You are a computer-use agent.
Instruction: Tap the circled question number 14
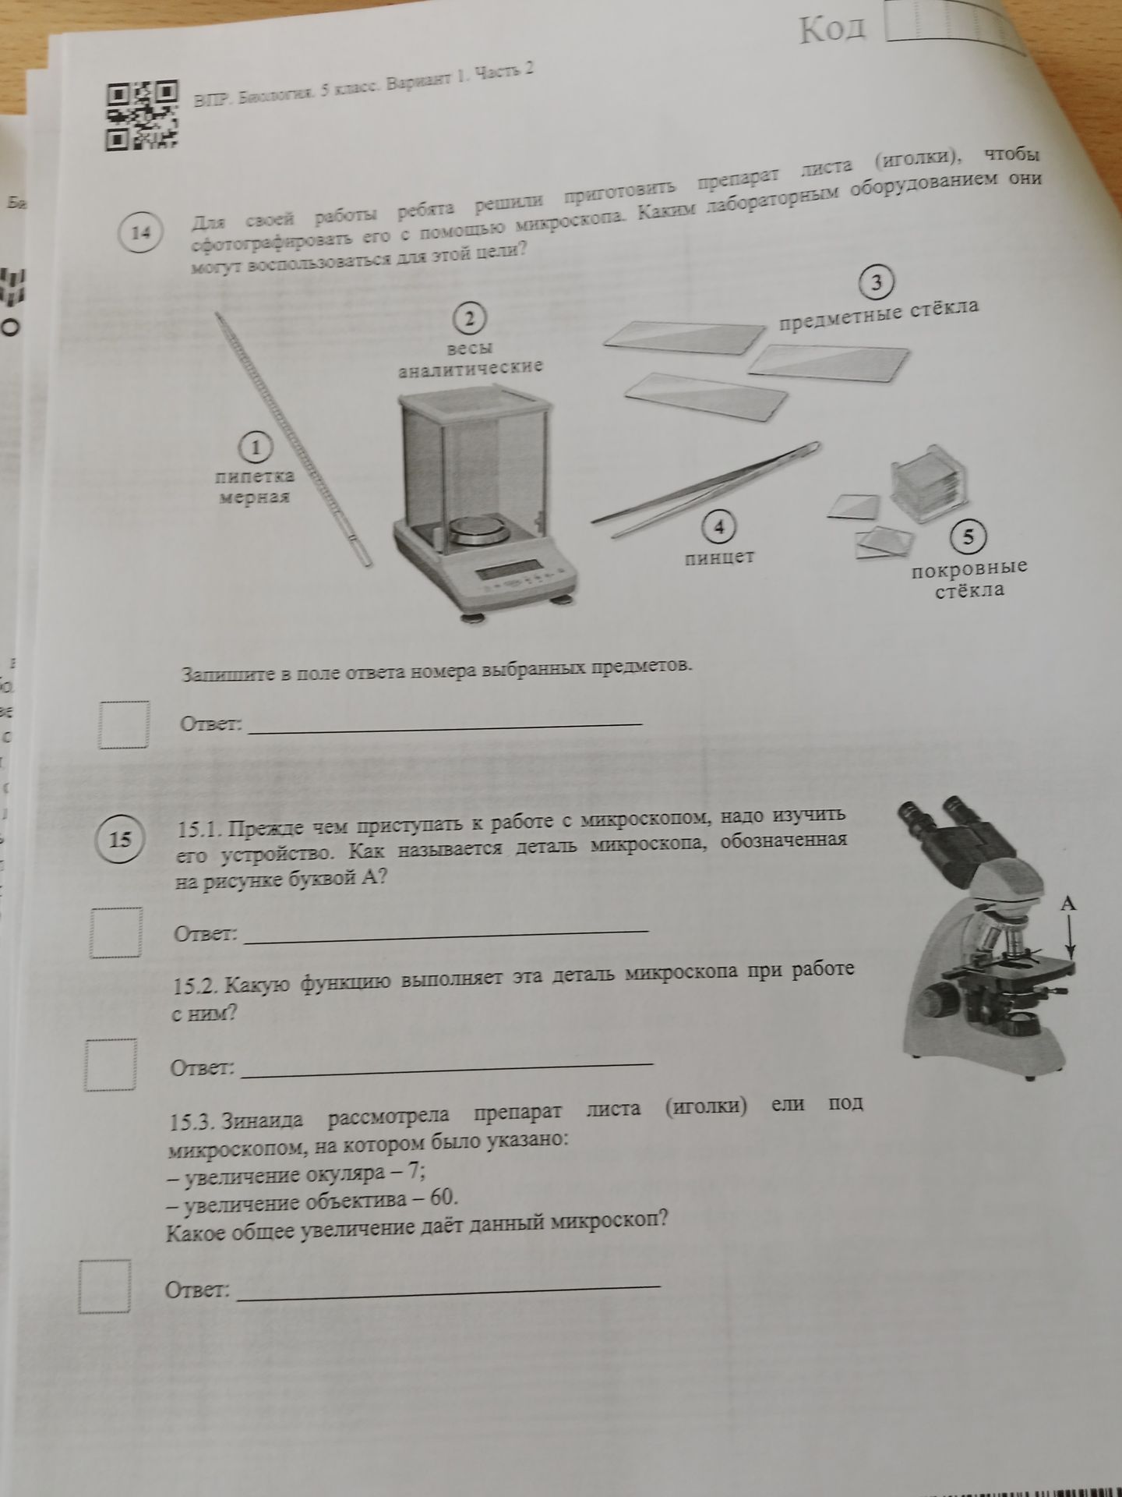(140, 232)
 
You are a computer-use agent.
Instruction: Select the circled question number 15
(121, 839)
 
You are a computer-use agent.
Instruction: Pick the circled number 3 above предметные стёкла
(877, 283)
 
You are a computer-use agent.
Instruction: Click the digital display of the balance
(503, 571)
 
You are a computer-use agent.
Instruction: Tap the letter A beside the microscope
(1068, 904)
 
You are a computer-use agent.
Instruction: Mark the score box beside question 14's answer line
(125, 725)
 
